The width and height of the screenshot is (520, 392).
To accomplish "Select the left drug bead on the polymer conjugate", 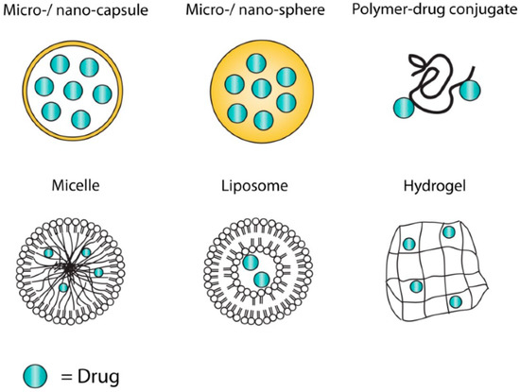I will (405, 107).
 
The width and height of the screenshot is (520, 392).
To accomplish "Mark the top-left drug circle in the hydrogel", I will (408, 246).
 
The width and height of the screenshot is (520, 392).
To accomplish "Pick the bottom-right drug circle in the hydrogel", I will (455, 302).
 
